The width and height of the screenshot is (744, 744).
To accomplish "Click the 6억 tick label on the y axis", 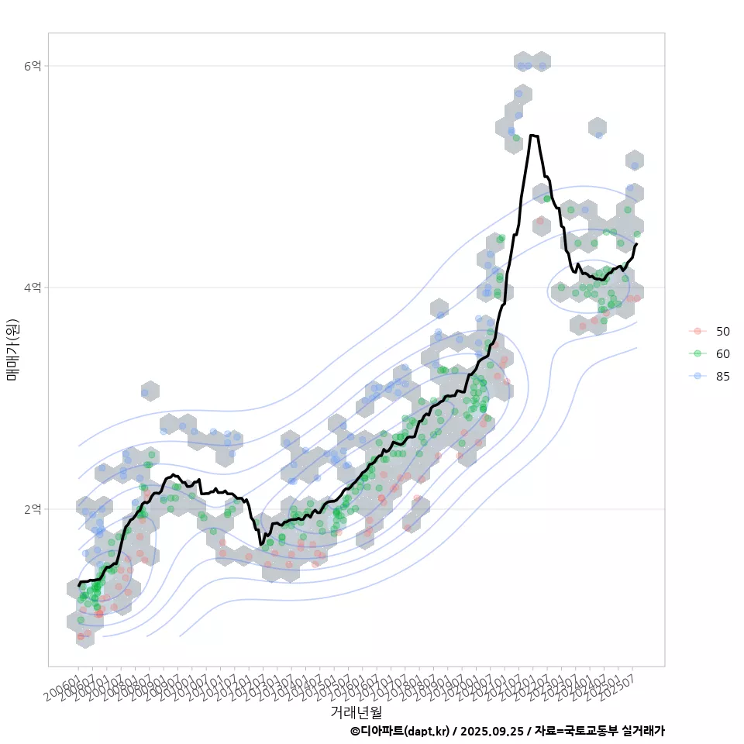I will [32, 67].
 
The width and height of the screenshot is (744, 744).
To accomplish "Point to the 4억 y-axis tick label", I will [32, 288].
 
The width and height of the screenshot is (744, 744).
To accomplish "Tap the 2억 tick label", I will [32, 509].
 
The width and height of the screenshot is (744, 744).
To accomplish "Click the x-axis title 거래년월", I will [356, 711].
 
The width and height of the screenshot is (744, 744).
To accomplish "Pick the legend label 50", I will [722, 331].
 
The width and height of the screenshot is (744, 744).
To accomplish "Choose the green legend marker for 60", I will [697, 353].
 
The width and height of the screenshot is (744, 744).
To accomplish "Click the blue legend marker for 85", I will [697, 377].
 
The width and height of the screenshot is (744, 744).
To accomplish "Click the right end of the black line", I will [636, 244].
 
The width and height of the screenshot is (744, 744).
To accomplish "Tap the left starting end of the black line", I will [79, 584].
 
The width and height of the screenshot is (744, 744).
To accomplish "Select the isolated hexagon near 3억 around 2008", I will [150, 391].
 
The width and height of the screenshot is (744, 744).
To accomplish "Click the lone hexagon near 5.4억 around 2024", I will [597, 127].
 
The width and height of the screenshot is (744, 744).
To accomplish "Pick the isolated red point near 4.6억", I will [540, 221].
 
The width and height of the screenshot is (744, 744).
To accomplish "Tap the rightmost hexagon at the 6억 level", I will [542, 61].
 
